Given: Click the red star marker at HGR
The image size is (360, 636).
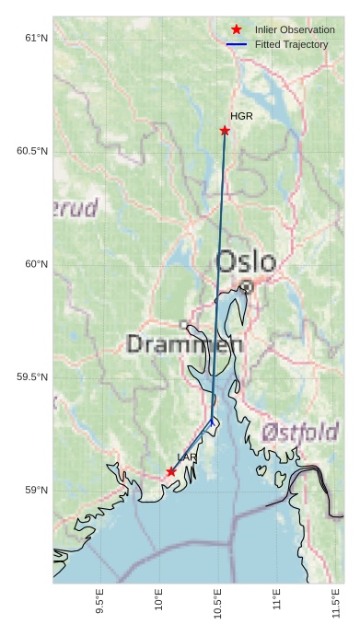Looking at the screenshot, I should point(225,131).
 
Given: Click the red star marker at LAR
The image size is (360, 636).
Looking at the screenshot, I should point(171,471).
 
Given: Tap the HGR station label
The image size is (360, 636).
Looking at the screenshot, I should point(241,117).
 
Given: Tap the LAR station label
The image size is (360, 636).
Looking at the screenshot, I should point(187,457).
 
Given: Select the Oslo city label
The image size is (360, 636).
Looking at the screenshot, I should point(245,261).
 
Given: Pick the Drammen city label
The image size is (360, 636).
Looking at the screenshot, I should point(184,345).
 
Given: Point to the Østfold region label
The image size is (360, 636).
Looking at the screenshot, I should point(300,432).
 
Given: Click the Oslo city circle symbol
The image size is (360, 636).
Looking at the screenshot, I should point(247,287).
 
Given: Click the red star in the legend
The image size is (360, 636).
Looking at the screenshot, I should point(237,29).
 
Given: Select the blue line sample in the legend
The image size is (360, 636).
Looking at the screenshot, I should point(237,44).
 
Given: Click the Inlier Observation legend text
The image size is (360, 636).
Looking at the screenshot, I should point(295,29).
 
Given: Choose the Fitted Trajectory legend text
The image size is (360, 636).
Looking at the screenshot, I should point(292,44).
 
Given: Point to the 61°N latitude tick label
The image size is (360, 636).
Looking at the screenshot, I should point(36,38).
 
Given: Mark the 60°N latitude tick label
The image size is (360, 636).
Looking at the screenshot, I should point(36,264).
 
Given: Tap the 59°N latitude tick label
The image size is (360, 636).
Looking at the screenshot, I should point(36,491).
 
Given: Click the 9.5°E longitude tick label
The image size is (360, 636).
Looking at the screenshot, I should point(99,602).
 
